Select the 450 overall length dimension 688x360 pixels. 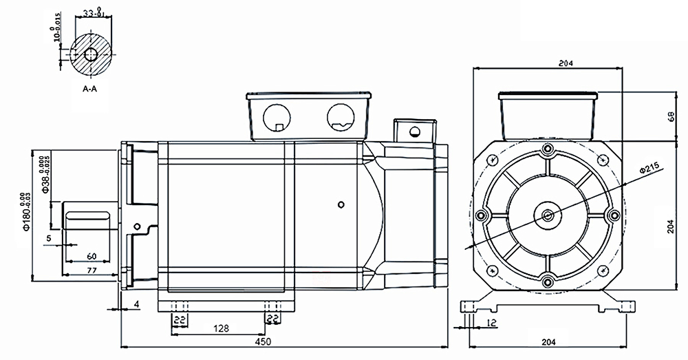264,341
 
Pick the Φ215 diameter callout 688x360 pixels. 649,167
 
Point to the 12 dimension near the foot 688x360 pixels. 491,322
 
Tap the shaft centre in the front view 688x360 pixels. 548,215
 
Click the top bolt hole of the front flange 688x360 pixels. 548,149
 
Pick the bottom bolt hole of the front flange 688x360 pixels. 548,281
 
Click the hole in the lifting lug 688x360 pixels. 414,131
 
